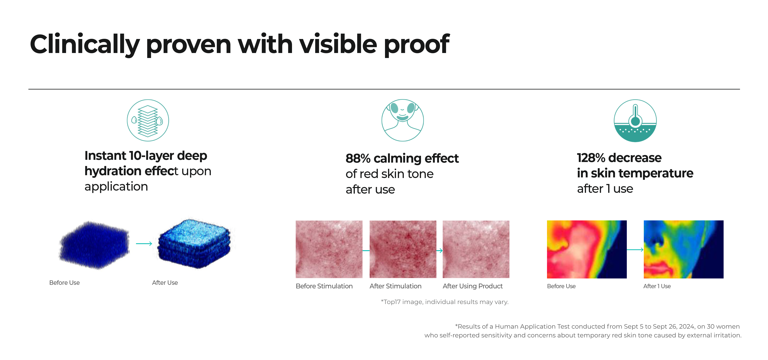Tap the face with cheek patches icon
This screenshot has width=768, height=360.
[402, 120]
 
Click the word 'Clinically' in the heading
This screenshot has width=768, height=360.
[85, 45]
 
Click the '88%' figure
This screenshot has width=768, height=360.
[358, 159]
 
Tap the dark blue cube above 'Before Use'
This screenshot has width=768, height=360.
[94, 245]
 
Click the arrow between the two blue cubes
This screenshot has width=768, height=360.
[144, 244]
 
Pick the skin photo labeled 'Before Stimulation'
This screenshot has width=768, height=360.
[329, 249]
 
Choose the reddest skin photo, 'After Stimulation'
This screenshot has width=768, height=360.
[403, 249]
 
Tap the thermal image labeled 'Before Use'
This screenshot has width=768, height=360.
[587, 249]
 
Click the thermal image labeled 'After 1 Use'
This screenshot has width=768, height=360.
[683, 249]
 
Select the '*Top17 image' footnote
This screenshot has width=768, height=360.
[445, 302]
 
